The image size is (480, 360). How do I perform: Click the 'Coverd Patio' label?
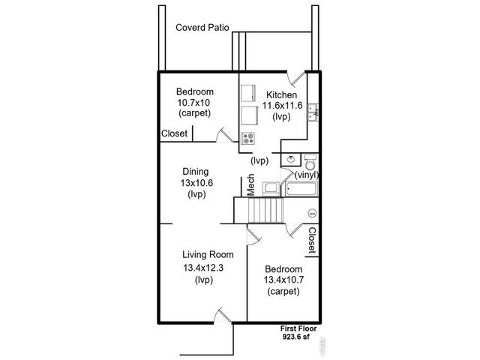[202, 28]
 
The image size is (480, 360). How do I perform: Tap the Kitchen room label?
[282, 95]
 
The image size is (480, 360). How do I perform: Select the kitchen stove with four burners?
[247, 137]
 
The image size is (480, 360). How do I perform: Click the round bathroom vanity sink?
[289, 159]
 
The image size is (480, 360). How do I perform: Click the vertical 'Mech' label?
[252, 186]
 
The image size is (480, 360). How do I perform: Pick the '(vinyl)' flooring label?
[307, 175]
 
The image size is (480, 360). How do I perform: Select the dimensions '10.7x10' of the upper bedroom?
[194, 102]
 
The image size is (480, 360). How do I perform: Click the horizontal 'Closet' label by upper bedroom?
[175, 134]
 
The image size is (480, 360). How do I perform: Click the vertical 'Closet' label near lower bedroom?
[312, 241]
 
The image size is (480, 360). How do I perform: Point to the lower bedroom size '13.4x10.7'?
[284, 280]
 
